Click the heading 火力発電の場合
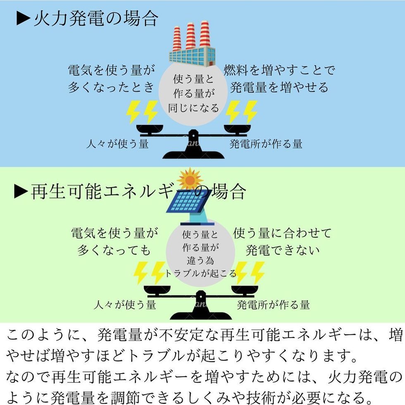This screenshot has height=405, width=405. point(95,19)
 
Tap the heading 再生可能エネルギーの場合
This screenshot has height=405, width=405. point(138,192)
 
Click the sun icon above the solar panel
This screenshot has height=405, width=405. point(190,179)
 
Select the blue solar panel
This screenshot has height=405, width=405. point(188,201)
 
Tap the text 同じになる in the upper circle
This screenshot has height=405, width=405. point(193,108)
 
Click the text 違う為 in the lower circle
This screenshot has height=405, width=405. point(200,260)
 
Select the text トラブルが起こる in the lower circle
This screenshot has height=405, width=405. point(200,273)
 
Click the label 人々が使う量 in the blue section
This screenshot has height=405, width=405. point(117,144)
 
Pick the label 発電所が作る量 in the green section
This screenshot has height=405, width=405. point(273,305)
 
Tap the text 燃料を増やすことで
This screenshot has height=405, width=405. point(279,70)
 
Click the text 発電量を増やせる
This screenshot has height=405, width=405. point(279,87)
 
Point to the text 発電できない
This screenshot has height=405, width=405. point(283,250)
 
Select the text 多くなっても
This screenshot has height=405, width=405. point(114,250)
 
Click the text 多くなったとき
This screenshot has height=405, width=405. point(111,87)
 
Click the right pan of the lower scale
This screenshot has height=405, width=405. point(245,289)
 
